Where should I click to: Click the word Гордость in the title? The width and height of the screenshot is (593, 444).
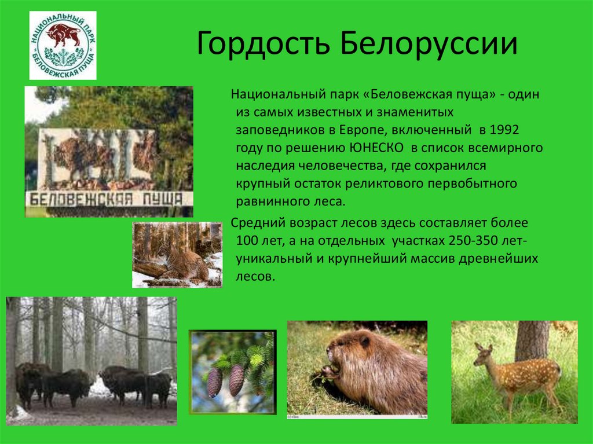263,43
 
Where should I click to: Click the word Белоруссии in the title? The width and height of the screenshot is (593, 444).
428,43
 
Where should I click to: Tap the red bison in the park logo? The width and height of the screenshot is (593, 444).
63,35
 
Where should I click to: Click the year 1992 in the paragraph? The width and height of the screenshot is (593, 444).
504,130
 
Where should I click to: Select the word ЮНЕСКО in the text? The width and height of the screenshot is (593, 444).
375,148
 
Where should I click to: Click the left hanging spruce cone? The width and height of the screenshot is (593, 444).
214,383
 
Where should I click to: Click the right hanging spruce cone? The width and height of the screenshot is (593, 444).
236,380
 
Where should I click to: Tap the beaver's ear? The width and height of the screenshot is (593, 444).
365,342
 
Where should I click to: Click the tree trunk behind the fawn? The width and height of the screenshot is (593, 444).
532,340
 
